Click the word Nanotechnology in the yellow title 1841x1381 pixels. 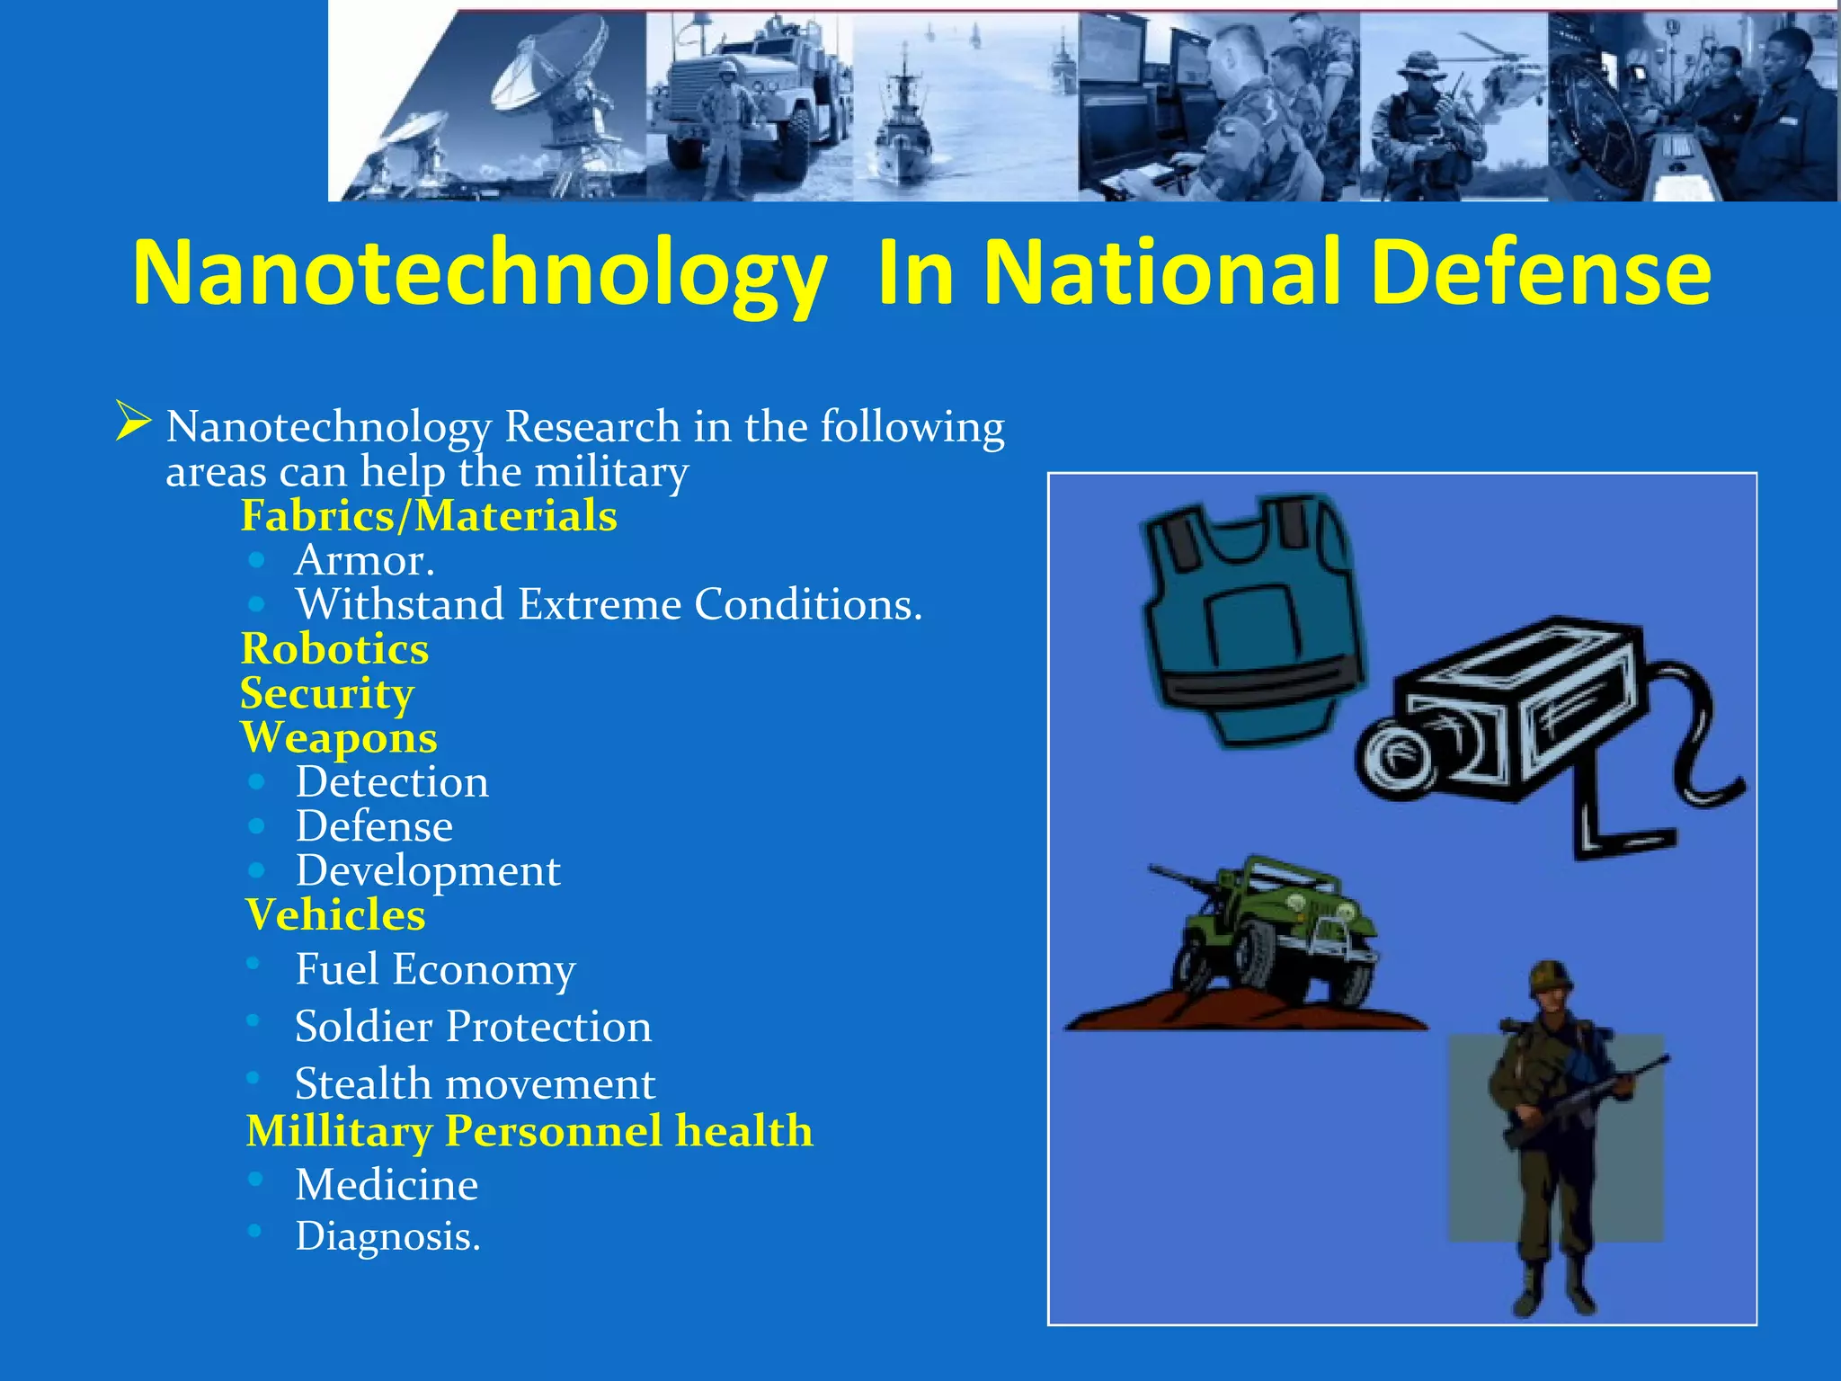[478, 273]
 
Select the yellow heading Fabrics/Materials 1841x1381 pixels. [429, 516]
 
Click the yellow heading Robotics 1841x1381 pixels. [334, 649]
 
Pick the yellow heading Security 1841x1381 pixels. [327, 693]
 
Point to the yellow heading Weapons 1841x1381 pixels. [339, 738]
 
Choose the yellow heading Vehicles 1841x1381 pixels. [335, 915]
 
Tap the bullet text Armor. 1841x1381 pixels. [365, 561]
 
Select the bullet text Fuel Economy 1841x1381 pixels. [435, 970]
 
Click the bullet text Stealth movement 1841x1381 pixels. [475, 1084]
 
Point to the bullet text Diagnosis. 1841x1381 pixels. [387, 1236]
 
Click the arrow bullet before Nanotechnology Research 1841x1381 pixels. [133, 423]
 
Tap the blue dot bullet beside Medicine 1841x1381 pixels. [256, 1179]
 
